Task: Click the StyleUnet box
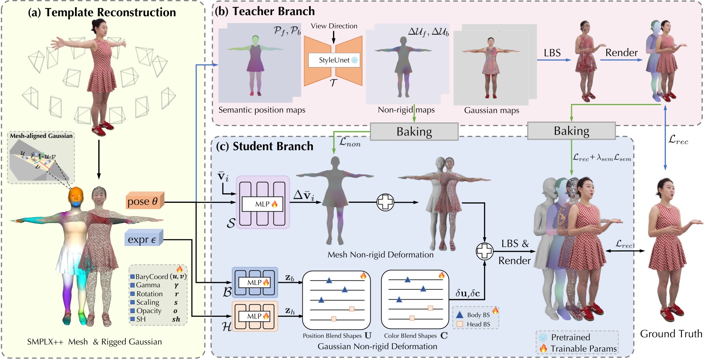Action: (334, 60)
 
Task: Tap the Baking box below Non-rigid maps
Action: (414, 132)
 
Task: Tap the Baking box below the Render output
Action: (571, 131)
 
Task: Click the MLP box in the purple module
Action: (263, 204)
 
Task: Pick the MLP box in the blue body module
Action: (255, 282)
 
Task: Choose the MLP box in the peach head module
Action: (255, 316)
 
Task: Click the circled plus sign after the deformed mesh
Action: (385, 202)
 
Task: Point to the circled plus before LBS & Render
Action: (484, 251)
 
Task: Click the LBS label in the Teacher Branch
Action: (552, 53)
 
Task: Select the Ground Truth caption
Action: (671, 334)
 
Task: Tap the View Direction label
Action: (334, 26)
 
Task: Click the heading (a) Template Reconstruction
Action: (102, 12)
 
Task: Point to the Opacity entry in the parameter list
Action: (148, 311)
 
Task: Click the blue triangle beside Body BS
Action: (460, 314)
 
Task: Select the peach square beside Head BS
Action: (460, 324)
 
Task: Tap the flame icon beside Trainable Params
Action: (543, 348)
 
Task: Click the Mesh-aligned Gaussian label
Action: (41, 136)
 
